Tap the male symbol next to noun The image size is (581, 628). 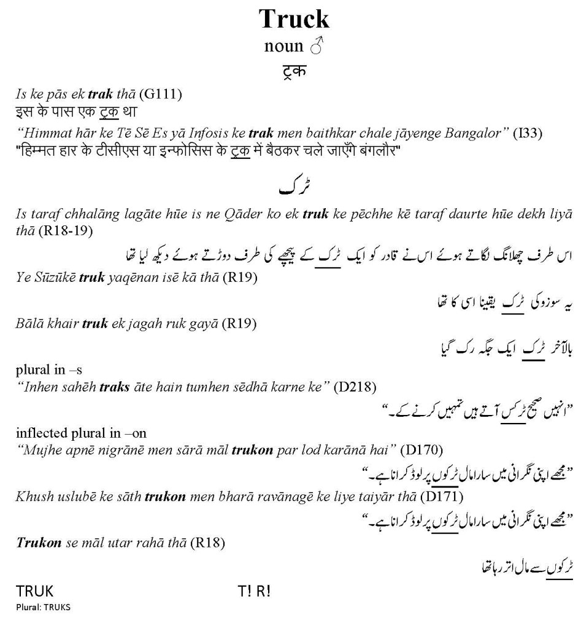point(317,47)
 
